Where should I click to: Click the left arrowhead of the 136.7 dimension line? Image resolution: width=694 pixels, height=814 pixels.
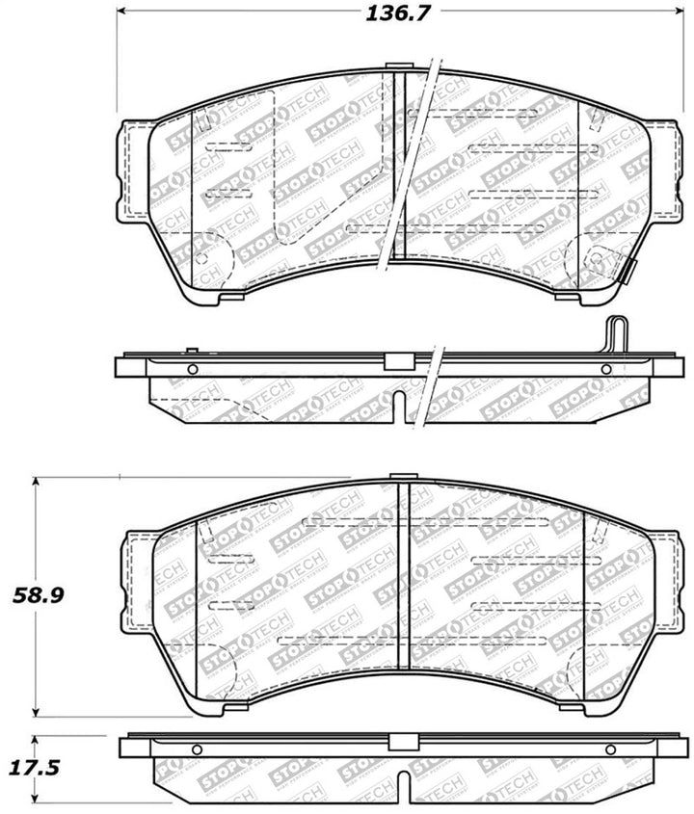coord(122,13)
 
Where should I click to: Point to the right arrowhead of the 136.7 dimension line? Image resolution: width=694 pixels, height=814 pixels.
coord(669,13)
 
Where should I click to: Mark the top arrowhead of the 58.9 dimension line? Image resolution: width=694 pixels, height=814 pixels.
coord(37,480)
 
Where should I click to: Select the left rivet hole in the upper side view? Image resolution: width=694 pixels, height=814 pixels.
coord(192,370)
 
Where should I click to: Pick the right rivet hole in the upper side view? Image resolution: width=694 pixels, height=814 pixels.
coord(606,370)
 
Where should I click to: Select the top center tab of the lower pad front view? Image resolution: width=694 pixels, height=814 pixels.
coord(403,476)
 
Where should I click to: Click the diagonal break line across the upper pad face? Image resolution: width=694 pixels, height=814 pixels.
coord(410,164)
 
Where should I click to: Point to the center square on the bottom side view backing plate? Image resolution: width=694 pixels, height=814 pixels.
coord(402,743)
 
